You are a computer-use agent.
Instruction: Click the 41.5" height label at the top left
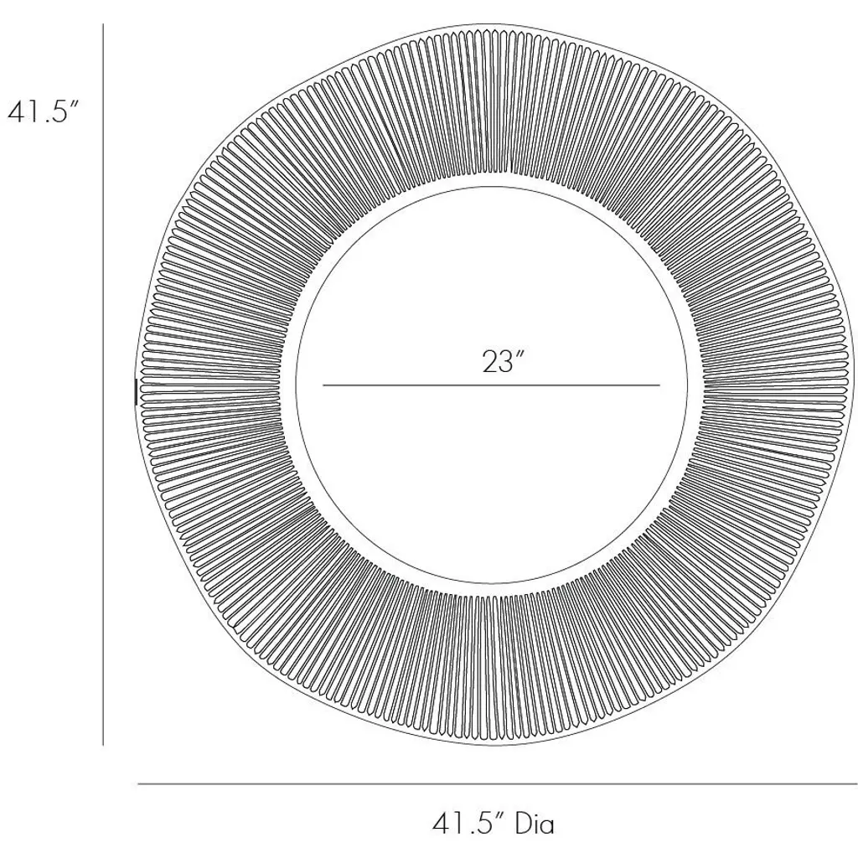(x=44, y=112)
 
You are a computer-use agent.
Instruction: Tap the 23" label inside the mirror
(x=504, y=362)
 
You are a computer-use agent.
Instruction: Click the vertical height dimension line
(x=103, y=384)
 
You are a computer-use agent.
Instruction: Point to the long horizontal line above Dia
(x=498, y=784)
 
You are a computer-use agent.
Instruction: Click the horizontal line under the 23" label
(x=491, y=385)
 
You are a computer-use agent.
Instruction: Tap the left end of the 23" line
(x=323, y=385)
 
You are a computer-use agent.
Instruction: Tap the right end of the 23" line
(x=659, y=385)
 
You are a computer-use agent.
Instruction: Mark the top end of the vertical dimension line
(x=103, y=24)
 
